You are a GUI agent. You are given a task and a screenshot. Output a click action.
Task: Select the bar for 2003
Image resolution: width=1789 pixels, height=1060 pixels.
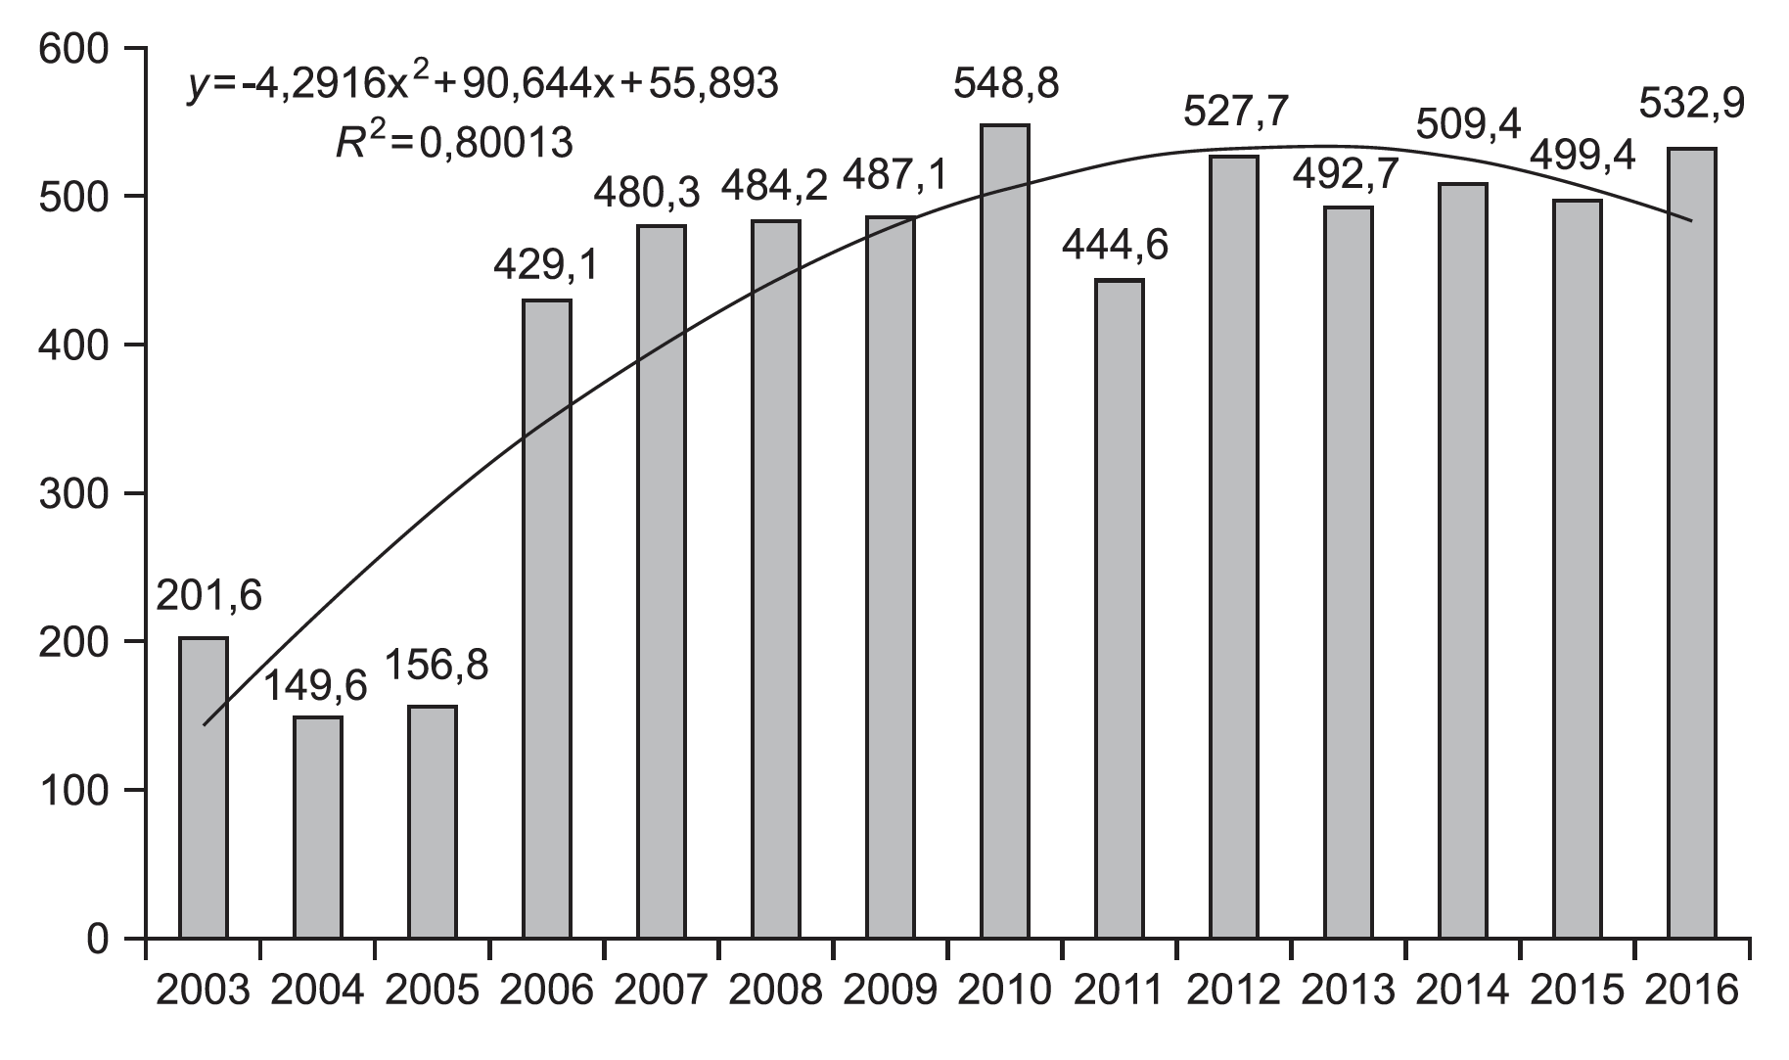tap(204, 788)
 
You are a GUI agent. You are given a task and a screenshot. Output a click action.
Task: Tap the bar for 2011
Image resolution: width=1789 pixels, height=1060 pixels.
tap(1120, 609)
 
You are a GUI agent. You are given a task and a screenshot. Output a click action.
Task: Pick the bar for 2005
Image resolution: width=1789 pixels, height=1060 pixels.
tap(433, 822)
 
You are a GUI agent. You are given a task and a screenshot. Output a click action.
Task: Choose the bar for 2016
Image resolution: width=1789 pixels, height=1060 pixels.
tap(1692, 543)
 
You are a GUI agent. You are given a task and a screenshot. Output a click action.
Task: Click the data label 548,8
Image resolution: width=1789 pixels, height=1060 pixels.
tap(1005, 85)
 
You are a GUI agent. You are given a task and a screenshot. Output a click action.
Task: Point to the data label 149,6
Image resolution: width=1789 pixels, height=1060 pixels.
tap(317, 686)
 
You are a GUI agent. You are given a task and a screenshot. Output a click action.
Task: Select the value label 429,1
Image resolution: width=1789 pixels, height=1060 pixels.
tap(547, 265)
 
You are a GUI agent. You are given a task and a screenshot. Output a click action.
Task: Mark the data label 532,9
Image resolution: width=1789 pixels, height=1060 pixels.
tap(1692, 104)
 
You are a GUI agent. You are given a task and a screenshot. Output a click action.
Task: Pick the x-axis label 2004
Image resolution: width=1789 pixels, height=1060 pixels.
tap(317, 991)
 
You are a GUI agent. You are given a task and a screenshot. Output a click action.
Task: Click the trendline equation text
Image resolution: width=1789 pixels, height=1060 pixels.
tap(483, 85)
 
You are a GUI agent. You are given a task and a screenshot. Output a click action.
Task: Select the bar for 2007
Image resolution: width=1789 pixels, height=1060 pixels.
tap(662, 581)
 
